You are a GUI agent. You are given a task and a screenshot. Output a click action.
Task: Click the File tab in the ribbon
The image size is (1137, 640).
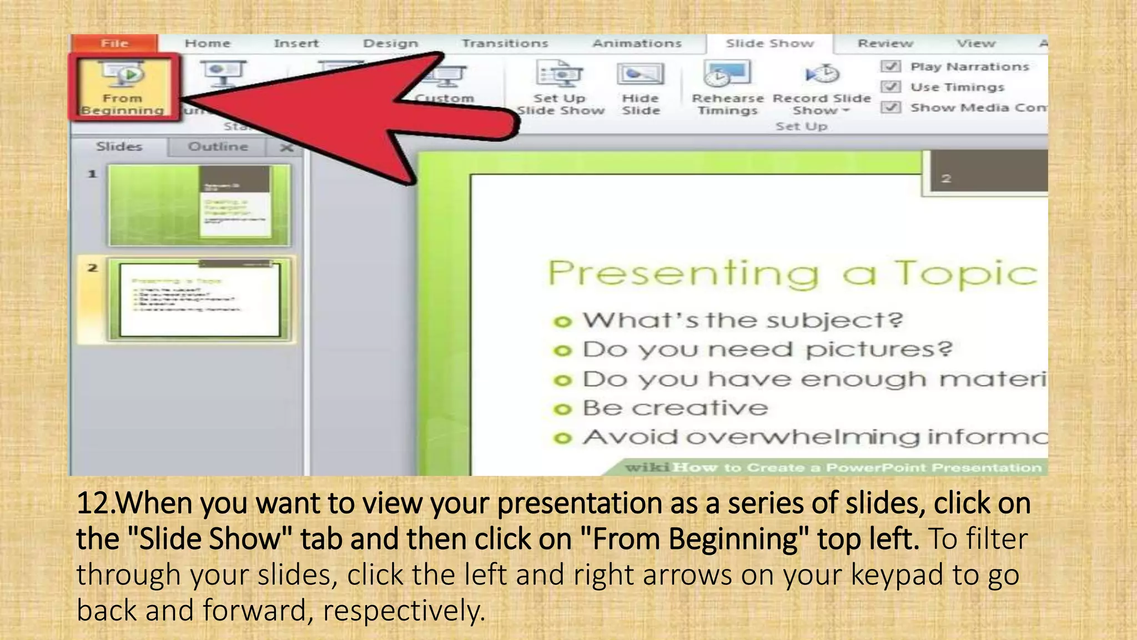[x=114, y=43]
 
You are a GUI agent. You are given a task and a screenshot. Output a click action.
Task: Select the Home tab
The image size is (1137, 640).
[x=207, y=43]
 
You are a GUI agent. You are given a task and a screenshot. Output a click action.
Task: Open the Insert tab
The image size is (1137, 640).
[x=296, y=43]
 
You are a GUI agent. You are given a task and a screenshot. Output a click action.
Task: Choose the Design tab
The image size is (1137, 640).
[x=390, y=43]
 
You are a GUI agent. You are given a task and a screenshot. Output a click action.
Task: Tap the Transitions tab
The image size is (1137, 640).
[x=505, y=43]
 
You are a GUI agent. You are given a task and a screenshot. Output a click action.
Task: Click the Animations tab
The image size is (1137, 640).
[x=636, y=43]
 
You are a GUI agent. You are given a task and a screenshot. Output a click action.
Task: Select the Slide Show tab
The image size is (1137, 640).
[x=769, y=43]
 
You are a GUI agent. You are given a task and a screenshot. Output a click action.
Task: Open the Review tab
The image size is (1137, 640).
[x=885, y=43]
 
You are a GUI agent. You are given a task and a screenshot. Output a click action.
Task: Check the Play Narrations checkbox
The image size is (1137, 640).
[x=891, y=67]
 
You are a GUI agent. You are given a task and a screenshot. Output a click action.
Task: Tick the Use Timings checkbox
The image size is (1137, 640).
[x=891, y=87]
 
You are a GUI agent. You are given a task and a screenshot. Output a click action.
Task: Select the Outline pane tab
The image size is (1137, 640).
[x=218, y=147]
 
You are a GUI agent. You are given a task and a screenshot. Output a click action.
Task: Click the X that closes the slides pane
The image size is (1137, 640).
[x=286, y=148]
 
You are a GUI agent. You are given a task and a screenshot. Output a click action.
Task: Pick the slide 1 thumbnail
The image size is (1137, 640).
[x=199, y=205]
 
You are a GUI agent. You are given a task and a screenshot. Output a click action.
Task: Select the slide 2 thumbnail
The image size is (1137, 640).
[x=199, y=299]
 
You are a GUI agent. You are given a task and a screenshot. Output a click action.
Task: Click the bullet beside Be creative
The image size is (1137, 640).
[x=562, y=409]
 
